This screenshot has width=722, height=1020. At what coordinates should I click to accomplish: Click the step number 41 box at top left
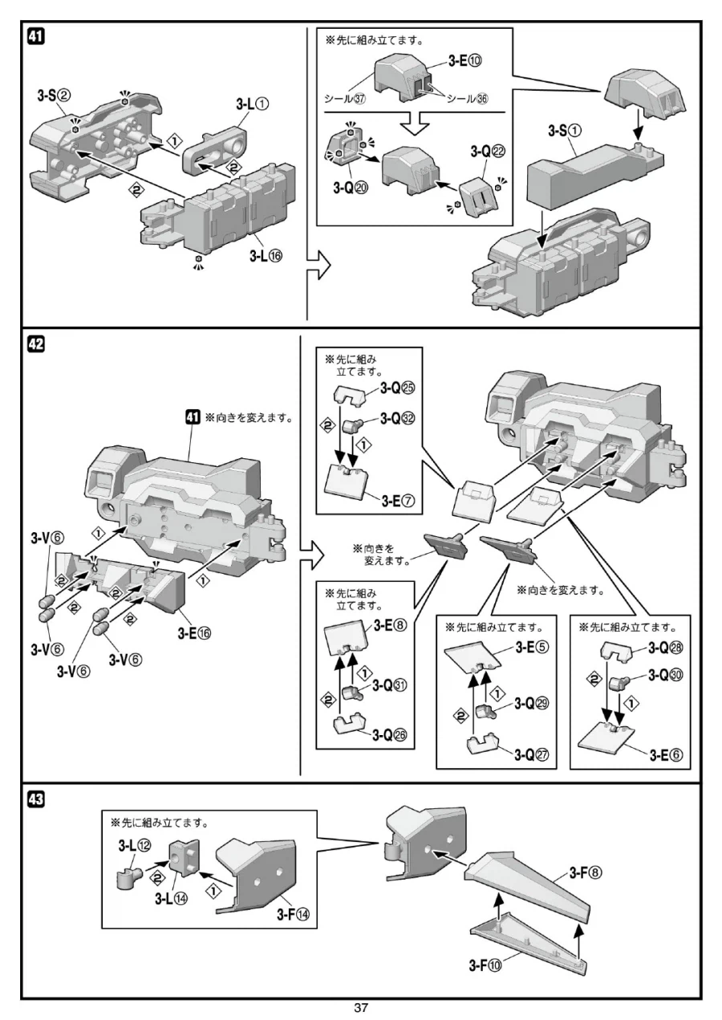(36, 36)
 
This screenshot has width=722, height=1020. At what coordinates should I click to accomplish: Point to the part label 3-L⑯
(266, 256)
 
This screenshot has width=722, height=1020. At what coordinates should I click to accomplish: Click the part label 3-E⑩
(464, 61)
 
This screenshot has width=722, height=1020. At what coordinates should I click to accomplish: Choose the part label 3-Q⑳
(351, 188)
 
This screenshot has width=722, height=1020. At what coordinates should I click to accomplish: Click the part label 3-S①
(565, 131)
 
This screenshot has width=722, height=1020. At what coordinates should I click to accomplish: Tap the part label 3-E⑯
(194, 633)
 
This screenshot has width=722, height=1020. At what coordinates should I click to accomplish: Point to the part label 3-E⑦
(398, 502)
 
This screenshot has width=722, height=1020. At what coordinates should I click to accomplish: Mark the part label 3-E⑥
(666, 755)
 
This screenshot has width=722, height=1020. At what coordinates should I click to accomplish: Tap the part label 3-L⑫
(135, 846)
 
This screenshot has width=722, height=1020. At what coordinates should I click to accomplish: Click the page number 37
(361, 1007)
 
